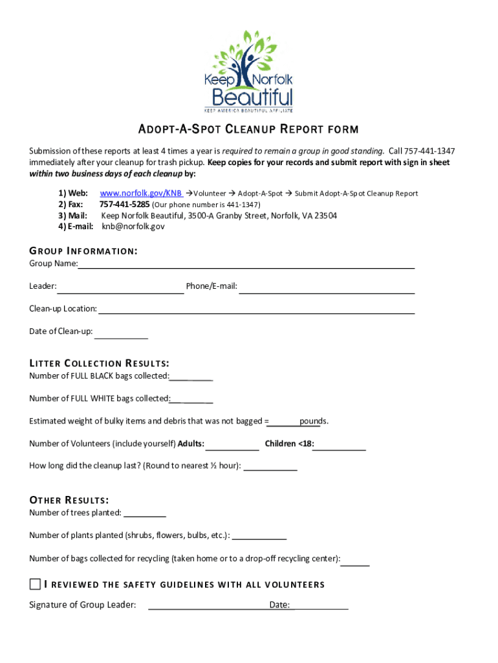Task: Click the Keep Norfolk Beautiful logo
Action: [x=248, y=71]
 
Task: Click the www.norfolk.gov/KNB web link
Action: [x=140, y=194]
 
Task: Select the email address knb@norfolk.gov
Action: [x=133, y=227]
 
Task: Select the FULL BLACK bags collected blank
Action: [x=191, y=377]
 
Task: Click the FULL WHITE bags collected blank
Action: [x=191, y=399]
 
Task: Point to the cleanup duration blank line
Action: [x=270, y=467]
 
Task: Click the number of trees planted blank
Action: [x=145, y=513]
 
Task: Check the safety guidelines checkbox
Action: [x=35, y=585]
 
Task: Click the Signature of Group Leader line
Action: [x=208, y=606]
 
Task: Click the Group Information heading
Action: [x=83, y=251]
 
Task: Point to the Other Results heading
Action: [x=69, y=500]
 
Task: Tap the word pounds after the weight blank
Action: [x=313, y=421]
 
